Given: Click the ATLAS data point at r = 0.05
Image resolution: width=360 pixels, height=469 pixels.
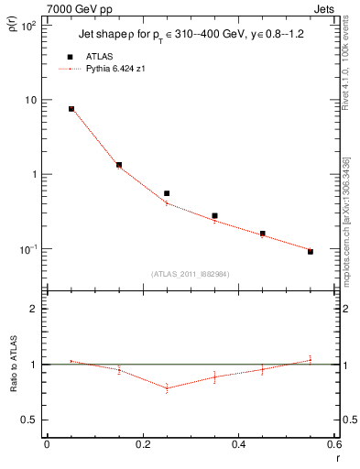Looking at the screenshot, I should point(71,109).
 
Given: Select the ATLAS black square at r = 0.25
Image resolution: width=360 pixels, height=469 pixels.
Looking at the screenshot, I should point(167,193).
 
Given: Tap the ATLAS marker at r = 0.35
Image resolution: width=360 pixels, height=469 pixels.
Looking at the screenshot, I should point(214,216).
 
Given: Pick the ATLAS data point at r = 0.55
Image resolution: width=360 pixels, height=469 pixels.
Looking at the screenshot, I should point(311,251).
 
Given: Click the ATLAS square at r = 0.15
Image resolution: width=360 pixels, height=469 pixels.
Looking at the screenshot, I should point(119,165).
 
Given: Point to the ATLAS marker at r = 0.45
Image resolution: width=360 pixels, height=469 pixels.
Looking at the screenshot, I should point(262,234).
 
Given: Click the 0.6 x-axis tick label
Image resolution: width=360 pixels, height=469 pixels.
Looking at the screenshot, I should point(334,443).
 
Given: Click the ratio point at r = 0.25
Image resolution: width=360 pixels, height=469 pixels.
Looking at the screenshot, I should point(167,388).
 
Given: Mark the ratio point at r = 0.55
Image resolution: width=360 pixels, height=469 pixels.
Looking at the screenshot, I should point(311,360).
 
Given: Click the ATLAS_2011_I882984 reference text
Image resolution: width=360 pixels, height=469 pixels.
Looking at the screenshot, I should point(191,273).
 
